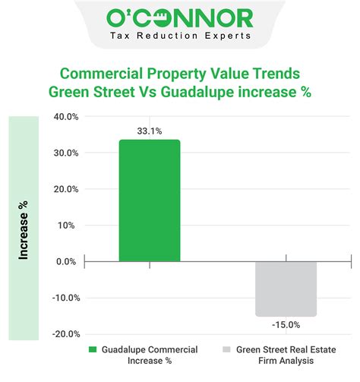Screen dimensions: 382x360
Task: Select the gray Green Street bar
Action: (286, 289)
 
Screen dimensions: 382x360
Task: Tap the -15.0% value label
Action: (286, 324)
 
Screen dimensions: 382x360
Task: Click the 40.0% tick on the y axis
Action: (66, 117)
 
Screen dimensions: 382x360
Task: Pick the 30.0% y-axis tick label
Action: (66, 153)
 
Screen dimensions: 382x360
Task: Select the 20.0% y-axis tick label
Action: (66, 189)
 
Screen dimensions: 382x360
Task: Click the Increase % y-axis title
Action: (24, 229)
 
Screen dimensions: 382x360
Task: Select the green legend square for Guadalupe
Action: (93, 350)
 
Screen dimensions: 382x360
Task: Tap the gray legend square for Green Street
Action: (226, 350)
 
